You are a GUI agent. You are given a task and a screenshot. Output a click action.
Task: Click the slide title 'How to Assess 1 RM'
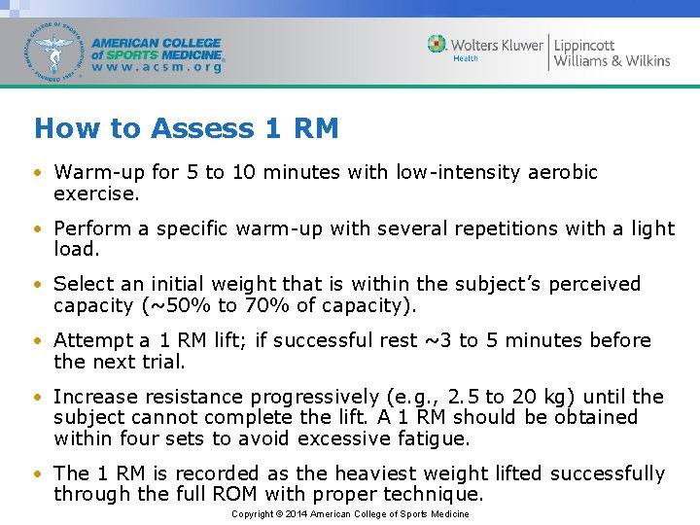pyautogui.click(x=186, y=128)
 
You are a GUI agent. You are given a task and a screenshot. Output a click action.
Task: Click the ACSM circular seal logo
pyautogui.click(x=56, y=52)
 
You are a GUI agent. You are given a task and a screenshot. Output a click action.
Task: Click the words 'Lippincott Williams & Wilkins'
pyautogui.click(x=612, y=52)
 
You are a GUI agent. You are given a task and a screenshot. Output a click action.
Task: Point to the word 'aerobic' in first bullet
pyautogui.click(x=563, y=173)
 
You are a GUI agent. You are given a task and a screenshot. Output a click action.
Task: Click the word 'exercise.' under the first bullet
pyautogui.click(x=97, y=193)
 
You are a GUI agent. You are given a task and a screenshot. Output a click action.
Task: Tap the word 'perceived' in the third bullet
pyautogui.click(x=595, y=285)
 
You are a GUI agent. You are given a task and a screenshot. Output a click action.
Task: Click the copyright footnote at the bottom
pyautogui.click(x=350, y=514)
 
